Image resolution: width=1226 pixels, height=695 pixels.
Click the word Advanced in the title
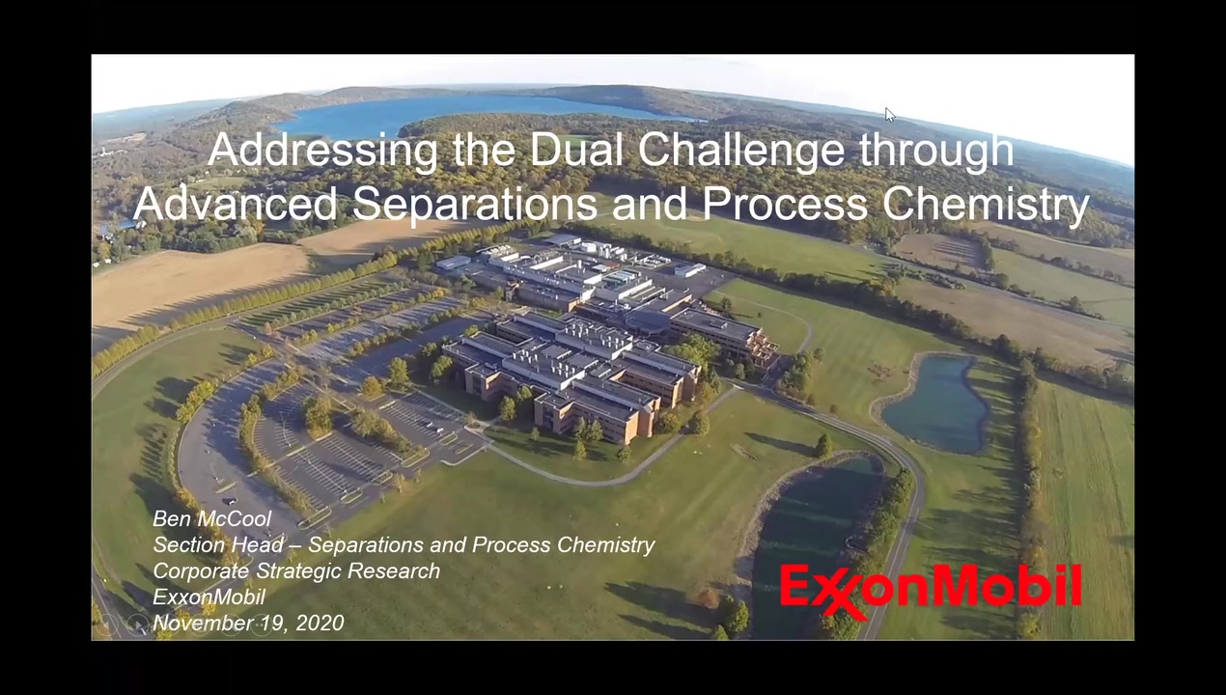pyautogui.click(x=236, y=204)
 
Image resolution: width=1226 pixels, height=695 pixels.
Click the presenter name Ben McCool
pyautogui.click(x=211, y=518)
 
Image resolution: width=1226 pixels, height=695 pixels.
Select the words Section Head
pyautogui.click(x=218, y=544)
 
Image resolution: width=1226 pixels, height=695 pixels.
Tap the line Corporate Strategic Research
pyautogui.click(x=296, y=570)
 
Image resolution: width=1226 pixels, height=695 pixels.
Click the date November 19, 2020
pyautogui.click(x=248, y=623)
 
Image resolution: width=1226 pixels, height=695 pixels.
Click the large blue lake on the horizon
pyautogui.click(x=482, y=112)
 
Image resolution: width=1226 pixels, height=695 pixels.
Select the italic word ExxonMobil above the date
pyautogui.click(x=209, y=597)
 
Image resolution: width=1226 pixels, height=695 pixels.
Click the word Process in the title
pyautogui.click(x=785, y=204)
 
